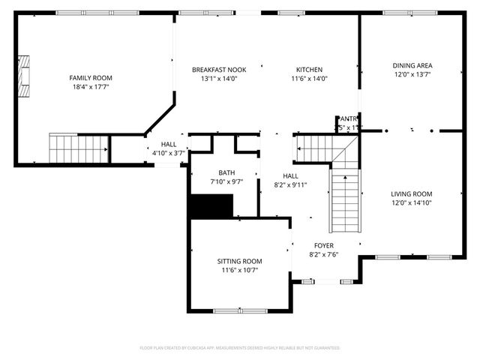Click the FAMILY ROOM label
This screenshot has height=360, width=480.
coord(90,78)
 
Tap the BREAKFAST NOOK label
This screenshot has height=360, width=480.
coord(218,69)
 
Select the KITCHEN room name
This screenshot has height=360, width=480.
coord(309,69)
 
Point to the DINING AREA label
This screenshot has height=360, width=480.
coord(412,65)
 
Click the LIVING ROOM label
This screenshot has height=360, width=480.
coord(412,193)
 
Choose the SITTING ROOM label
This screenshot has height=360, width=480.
coord(240,261)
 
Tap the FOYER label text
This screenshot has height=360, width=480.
coord(324,245)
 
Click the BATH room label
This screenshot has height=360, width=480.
coord(226,172)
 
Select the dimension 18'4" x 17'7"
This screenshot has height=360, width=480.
coord(90,87)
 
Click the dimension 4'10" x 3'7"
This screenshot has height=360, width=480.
coord(169,153)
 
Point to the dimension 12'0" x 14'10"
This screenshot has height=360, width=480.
coord(412,202)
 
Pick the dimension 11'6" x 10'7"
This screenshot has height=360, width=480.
coord(240,270)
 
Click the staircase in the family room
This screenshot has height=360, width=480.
coord(79,148)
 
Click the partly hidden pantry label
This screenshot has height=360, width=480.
coord(347,118)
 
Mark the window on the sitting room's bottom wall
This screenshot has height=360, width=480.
coord(240,310)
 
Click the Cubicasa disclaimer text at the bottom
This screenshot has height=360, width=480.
coord(240,348)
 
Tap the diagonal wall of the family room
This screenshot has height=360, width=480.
coord(160,120)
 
